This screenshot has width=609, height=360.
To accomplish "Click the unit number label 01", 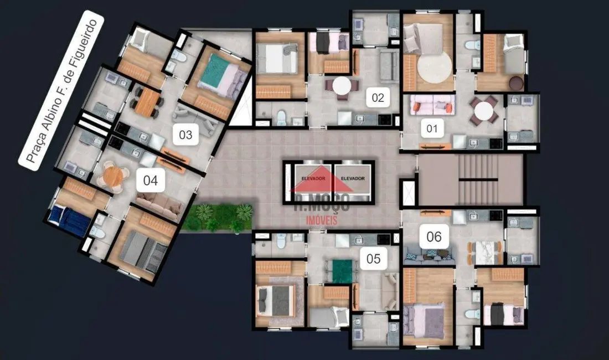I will pos(432,130).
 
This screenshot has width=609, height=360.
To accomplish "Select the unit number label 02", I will pos(378,99).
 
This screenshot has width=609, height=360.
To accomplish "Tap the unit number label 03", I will pos(185,135).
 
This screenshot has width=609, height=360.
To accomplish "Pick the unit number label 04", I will pos(151,181).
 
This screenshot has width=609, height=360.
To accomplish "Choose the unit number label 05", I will pos(374,258).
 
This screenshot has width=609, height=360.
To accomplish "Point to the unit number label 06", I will pos(433,237).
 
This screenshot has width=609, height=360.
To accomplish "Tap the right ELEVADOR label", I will pos(352,178).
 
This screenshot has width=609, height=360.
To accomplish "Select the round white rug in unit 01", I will pos(435,68).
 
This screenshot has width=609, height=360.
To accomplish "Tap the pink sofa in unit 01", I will pos(432,105).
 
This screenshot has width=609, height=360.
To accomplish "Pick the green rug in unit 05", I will pos(342,271).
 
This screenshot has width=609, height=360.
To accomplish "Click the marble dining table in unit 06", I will pos(485,252).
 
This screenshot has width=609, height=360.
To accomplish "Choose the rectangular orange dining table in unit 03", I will pos(147,102).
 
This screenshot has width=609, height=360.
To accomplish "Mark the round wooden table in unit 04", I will pos(113,177).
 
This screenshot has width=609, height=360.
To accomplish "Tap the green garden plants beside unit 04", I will pos(218,217).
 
